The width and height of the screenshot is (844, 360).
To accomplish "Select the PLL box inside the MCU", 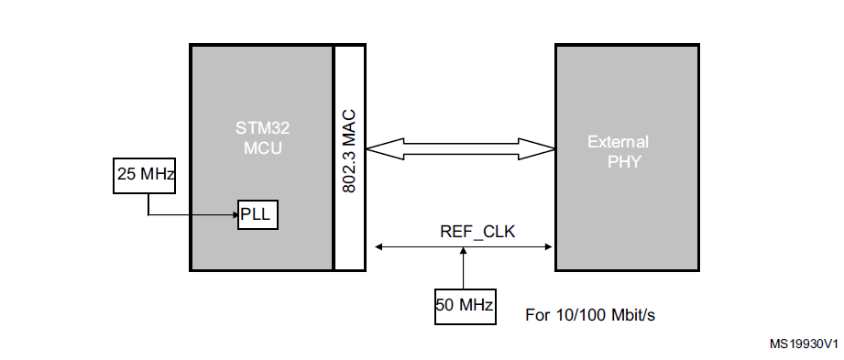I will point(258,214).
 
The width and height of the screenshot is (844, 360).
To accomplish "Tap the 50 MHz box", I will point(465,305).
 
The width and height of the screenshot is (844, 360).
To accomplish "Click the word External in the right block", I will point(619,142).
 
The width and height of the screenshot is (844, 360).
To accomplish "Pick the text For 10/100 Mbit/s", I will point(590,315).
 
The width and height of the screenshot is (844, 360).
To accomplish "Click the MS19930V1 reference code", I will point(805,344).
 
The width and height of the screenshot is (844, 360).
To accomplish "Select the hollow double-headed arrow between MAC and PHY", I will point(461,147).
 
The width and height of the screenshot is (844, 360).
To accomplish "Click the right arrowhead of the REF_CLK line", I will point(549,245).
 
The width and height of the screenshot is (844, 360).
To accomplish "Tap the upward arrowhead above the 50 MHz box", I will point(464,252).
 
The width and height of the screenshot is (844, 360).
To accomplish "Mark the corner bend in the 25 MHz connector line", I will point(148,215).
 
